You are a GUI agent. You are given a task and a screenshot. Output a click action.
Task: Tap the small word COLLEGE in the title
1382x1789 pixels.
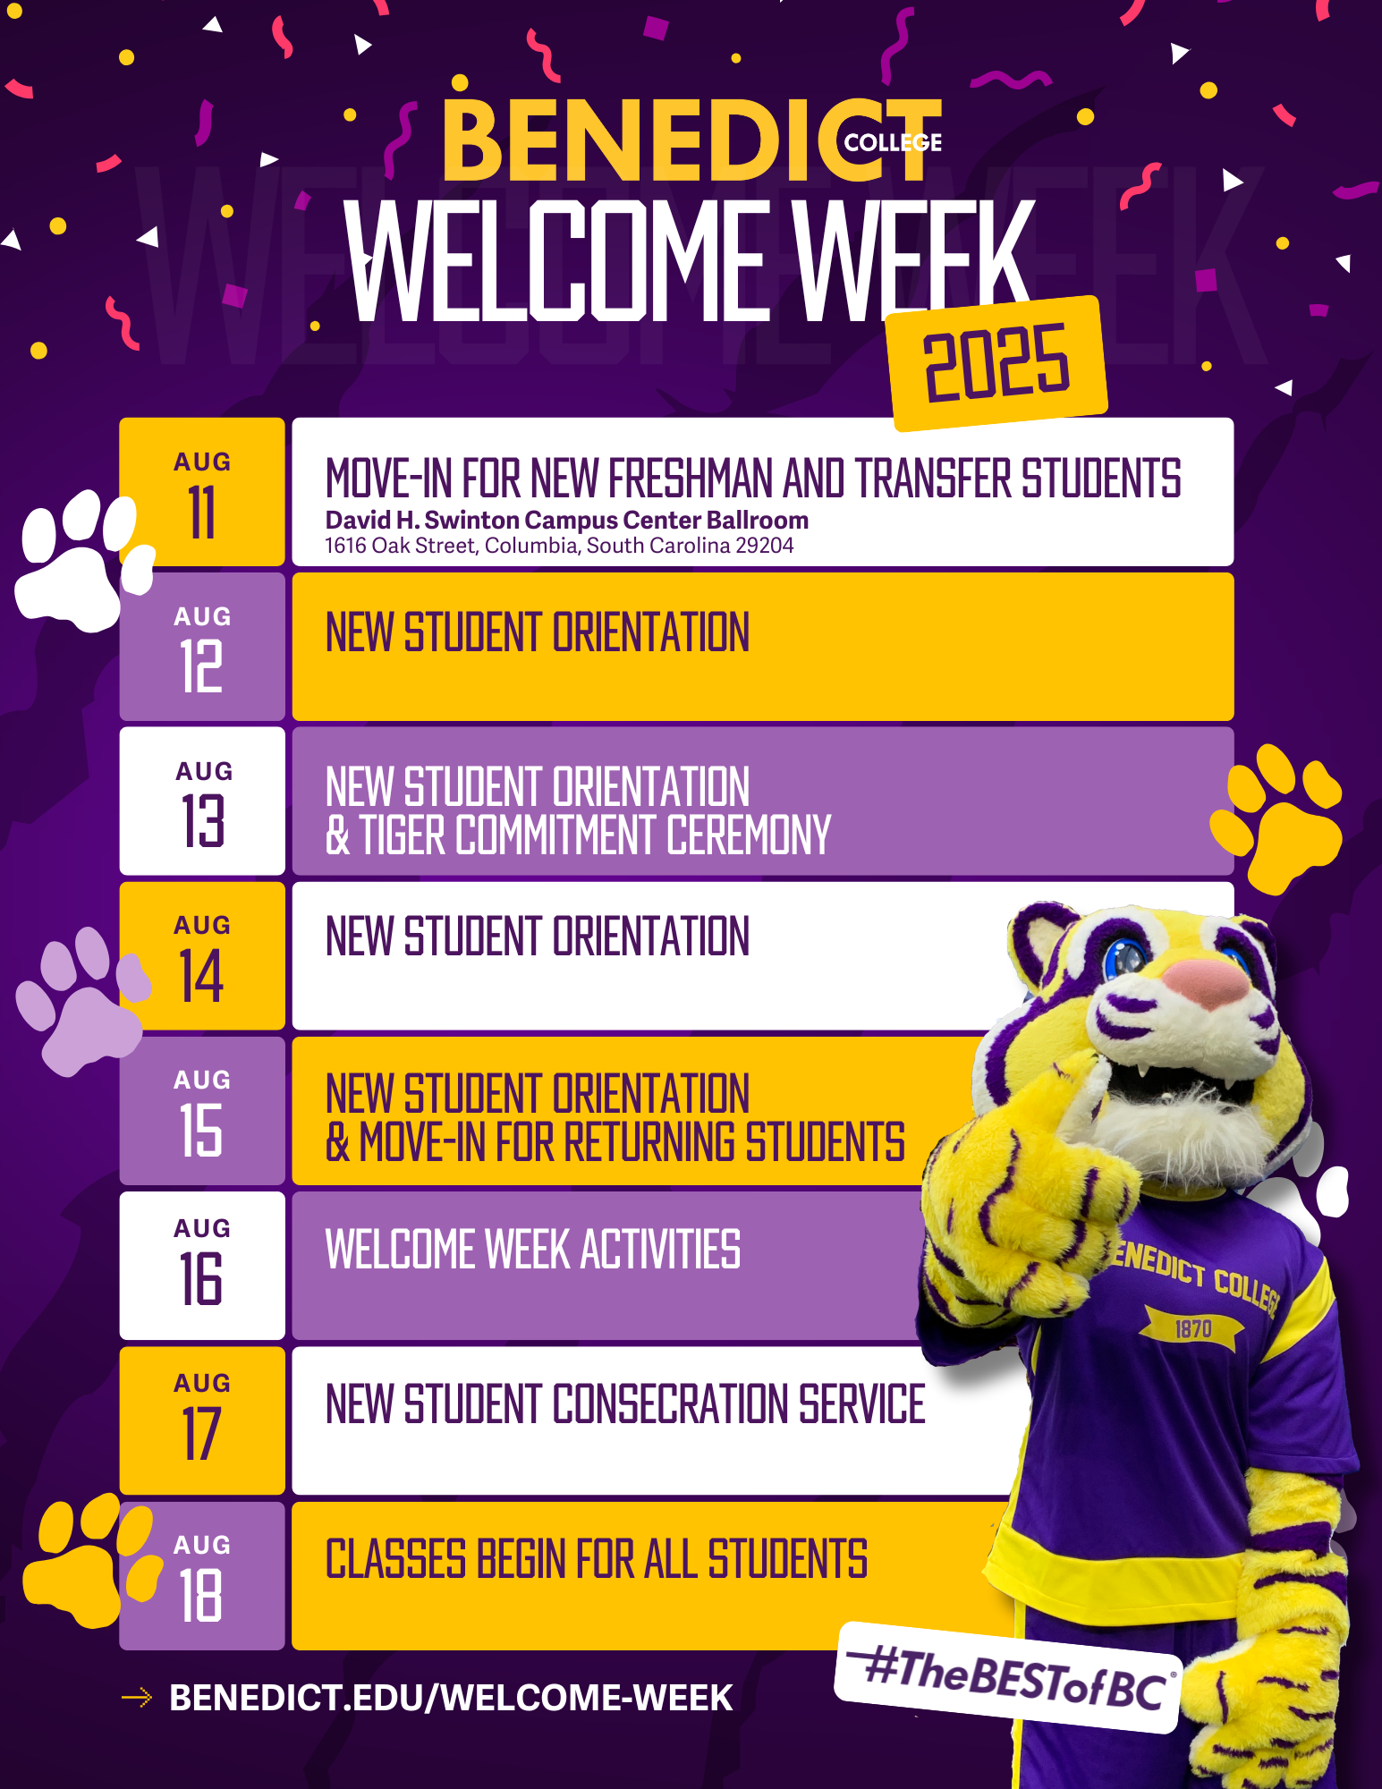(x=893, y=143)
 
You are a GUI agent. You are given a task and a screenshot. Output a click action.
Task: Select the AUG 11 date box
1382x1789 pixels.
(x=202, y=492)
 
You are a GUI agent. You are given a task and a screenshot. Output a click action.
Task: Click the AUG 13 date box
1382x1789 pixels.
(x=202, y=801)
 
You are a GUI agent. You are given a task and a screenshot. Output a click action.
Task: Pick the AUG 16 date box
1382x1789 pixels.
(x=202, y=1266)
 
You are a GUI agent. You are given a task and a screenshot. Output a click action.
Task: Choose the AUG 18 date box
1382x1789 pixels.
(x=202, y=1576)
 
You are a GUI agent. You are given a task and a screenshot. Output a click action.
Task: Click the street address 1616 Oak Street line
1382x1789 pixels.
(x=559, y=546)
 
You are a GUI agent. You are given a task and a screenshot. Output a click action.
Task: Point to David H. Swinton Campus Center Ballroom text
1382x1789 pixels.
(x=567, y=520)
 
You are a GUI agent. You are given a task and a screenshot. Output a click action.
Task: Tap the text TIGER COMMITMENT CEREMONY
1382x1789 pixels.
(x=596, y=835)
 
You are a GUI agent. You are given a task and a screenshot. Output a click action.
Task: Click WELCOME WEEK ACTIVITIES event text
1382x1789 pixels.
(x=533, y=1249)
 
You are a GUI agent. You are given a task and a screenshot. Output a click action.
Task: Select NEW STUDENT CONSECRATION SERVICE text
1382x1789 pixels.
(x=625, y=1403)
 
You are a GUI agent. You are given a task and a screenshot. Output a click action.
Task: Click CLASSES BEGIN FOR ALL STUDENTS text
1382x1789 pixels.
(x=597, y=1559)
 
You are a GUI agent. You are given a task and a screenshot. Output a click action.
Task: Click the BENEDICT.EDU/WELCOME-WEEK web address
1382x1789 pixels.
(x=451, y=1698)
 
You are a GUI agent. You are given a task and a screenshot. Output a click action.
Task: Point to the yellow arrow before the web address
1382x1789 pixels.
(x=136, y=1697)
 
